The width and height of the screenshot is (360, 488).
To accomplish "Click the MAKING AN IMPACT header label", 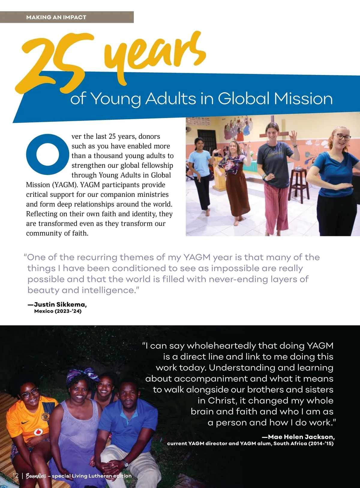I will (56, 17).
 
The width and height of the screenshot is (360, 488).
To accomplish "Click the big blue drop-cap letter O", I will (47, 154).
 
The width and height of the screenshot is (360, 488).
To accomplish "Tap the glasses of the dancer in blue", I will (343, 137).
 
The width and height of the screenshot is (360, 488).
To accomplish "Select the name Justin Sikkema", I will (60, 304).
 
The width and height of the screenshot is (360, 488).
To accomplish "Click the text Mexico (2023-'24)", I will (58, 311).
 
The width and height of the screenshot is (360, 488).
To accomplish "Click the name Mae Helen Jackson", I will (301, 437).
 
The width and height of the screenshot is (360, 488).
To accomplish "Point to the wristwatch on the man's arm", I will (125, 463).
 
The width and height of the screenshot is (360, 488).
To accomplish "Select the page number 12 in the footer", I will (15, 476).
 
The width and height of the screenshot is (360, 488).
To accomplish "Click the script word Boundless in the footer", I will (36, 476).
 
